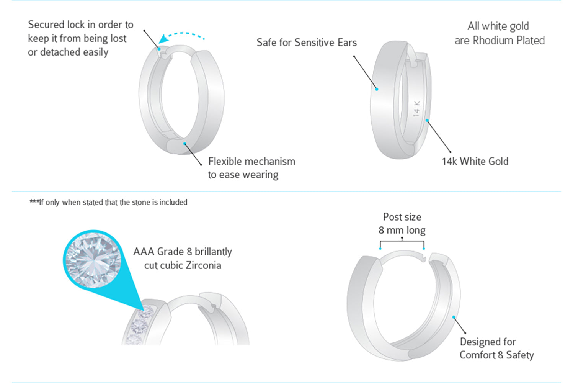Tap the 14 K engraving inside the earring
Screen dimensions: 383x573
click(x=417, y=108)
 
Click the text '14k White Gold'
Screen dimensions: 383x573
click(x=475, y=161)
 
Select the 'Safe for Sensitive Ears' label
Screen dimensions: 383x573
click(x=306, y=42)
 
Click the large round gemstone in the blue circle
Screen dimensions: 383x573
click(x=93, y=260)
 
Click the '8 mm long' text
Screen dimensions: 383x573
click(x=402, y=230)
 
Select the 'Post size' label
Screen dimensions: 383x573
click(x=402, y=217)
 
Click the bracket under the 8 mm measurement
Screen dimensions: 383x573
click(x=402, y=242)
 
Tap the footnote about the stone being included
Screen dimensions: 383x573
click(x=109, y=202)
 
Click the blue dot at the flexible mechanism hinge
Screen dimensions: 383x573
click(x=184, y=144)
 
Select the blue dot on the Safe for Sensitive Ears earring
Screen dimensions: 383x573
click(x=377, y=89)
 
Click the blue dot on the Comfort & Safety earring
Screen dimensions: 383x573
click(x=454, y=317)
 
